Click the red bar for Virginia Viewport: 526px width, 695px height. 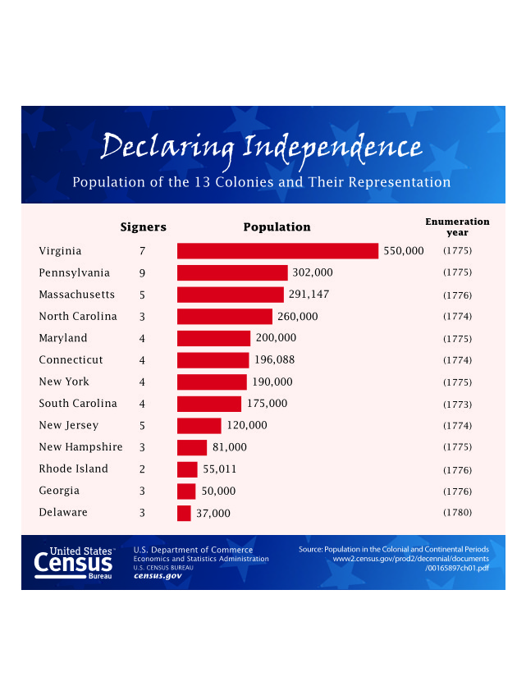(x=277, y=251)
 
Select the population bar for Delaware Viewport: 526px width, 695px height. (x=184, y=513)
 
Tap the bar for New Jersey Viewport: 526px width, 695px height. (x=199, y=426)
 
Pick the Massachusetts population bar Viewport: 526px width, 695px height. (x=230, y=295)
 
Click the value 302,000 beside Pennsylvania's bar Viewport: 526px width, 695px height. (x=313, y=272)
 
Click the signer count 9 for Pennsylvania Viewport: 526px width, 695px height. (x=142, y=272)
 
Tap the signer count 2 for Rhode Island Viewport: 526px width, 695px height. (x=142, y=469)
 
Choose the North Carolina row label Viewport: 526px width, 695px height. (x=78, y=316)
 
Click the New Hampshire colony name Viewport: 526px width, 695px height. (x=80, y=447)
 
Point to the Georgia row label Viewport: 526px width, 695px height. (x=59, y=491)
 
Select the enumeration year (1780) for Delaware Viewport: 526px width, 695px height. (x=457, y=513)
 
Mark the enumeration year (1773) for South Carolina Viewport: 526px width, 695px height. (x=457, y=404)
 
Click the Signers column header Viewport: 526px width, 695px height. (x=144, y=227)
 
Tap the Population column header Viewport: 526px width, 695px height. (x=277, y=227)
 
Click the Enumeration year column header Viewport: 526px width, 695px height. (x=457, y=226)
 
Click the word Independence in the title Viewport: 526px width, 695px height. (x=332, y=148)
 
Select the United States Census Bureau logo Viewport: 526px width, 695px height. (x=74, y=563)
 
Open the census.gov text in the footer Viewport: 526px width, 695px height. (x=158, y=576)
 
